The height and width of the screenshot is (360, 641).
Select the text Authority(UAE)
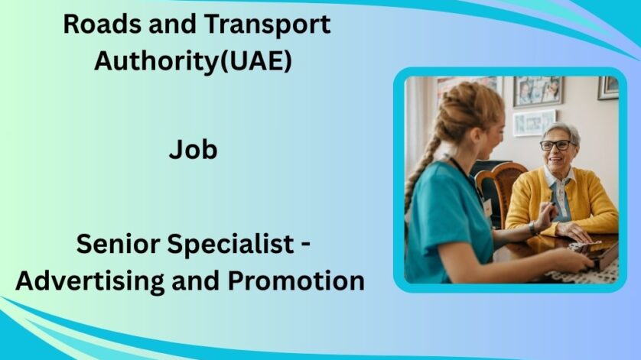click(193, 61)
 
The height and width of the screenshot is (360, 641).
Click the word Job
click(193, 150)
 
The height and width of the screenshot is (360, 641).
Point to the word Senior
click(119, 246)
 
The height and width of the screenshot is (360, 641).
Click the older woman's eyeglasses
click(555, 145)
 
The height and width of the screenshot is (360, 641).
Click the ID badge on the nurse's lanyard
click(486, 206)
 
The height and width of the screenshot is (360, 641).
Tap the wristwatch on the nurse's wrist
click(532, 228)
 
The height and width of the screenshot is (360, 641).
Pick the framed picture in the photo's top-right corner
click(608, 87)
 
